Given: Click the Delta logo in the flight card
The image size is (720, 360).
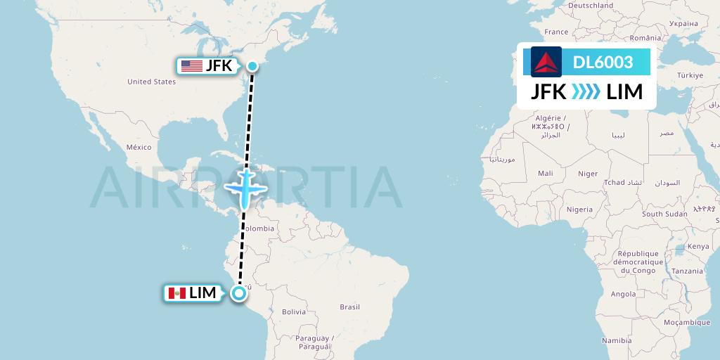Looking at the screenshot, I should (x=546, y=62).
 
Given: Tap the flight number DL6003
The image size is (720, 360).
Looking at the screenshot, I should (x=603, y=62).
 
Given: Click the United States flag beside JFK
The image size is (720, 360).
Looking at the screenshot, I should (x=191, y=66).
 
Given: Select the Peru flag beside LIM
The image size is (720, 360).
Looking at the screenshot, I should (x=176, y=293).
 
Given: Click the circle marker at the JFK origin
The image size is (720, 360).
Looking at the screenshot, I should (x=252, y=66).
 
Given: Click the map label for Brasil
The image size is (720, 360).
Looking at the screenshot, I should (x=349, y=307).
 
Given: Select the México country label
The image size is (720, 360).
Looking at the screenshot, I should (x=139, y=147).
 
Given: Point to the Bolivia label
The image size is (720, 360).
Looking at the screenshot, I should (x=293, y=311).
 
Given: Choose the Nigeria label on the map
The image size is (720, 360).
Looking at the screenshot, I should (x=579, y=210).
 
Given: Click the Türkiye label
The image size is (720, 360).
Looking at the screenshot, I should (x=690, y=75).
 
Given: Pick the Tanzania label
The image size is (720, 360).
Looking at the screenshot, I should (x=686, y=271).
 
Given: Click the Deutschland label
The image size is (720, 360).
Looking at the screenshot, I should (x=591, y=6).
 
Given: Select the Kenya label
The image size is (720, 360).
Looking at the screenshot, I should (x=698, y=246).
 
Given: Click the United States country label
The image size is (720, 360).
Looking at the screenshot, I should (x=151, y=82).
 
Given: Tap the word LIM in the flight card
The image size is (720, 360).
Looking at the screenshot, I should (x=624, y=92).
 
